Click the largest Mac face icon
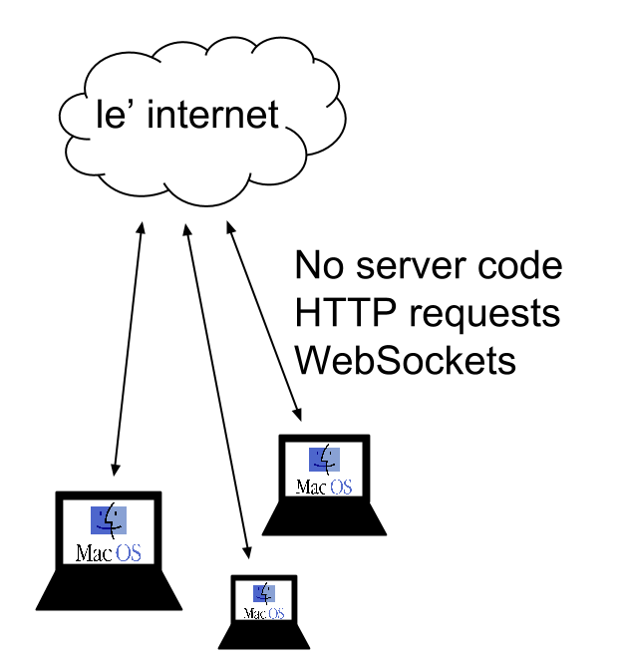click(x=109, y=520)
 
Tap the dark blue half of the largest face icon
click(x=100, y=520)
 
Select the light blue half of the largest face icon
click(x=120, y=520)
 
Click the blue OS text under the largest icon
click(x=129, y=553)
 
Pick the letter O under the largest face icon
click(x=123, y=553)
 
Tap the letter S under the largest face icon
click(x=136, y=553)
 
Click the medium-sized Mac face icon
click(x=324, y=460)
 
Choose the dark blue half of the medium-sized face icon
click(x=316, y=460)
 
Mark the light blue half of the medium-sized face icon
click(x=333, y=460)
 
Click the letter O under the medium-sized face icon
click(x=336, y=488)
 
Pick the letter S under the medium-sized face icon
click(x=347, y=488)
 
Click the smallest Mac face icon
click(x=264, y=594)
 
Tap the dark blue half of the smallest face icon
click(x=258, y=594)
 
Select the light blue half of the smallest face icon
click(x=270, y=594)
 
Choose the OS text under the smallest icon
click(x=276, y=614)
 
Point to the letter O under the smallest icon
click(x=272, y=614)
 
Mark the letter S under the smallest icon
click(x=280, y=614)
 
